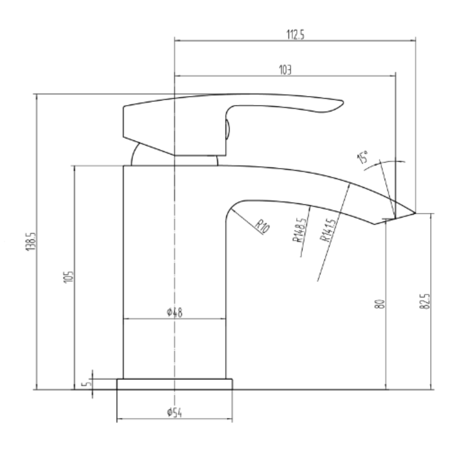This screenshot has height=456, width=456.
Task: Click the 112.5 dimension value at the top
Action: pyautogui.click(x=295, y=35)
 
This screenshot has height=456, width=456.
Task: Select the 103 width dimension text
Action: pyautogui.click(x=285, y=70)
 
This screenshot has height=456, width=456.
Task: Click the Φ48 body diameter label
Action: pyautogui.click(x=174, y=313)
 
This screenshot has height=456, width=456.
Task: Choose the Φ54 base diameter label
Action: pyautogui.click(x=174, y=413)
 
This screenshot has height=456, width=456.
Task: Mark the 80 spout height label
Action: pyautogui.click(x=382, y=304)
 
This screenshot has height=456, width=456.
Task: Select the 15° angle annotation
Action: pyautogui.click(x=363, y=157)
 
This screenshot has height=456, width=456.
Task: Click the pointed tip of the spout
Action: pyautogui.click(x=415, y=213)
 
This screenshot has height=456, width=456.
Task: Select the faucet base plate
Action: pyautogui.click(x=174, y=384)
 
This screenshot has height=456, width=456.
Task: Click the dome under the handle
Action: pyautogui.click(x=137, y=156)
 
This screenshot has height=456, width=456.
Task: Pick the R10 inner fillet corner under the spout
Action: pyautogui.click(x=230, y=209)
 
